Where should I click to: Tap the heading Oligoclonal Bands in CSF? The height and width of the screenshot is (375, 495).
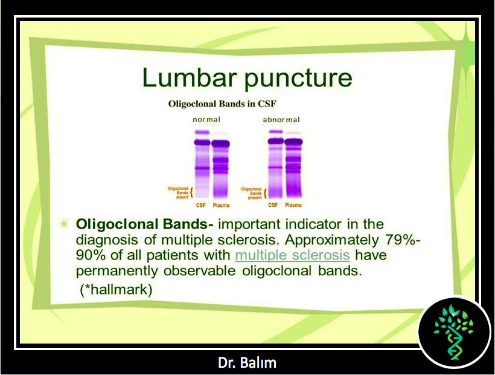coord(222,104)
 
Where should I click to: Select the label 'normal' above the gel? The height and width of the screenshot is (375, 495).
coord(206,120)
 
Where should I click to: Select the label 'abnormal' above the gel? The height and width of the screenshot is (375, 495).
coord(281,120)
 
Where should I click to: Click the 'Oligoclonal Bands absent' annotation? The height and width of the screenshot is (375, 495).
coord(178,193)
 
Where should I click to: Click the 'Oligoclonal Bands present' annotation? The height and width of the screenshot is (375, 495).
coord(252,193)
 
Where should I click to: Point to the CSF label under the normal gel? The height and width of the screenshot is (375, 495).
coord(201,205)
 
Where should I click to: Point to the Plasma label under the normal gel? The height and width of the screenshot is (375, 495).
coord(221,206)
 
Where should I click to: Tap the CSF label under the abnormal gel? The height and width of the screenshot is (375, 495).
coord(273,205)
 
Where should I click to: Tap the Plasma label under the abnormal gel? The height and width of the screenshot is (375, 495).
coord(293,205)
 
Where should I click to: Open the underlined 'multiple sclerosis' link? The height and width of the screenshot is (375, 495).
coord(293,255)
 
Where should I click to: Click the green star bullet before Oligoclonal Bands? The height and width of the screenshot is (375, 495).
coord(64,224)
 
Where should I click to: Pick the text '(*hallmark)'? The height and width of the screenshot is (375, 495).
coord(116,289)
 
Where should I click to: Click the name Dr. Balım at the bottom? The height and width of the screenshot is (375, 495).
coord(247,363)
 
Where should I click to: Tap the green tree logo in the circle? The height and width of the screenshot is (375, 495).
coord(454,332)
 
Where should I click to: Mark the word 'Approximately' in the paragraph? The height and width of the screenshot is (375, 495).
coord(332,240)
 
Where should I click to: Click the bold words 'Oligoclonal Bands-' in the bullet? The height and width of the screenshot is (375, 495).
coord(145,224)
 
